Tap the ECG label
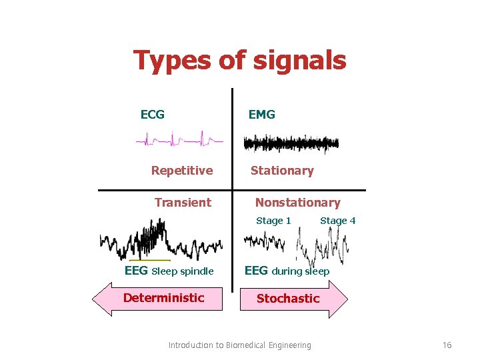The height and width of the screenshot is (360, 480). click(x=152, y=115)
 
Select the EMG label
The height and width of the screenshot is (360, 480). click(x=261, y=115)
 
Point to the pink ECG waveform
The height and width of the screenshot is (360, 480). click(x=179, y=141)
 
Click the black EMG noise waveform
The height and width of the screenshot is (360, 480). click(x=291, y=143)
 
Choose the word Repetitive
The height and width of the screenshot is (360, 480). click(x=182, y=171)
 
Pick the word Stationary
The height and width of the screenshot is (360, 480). click(x=281, y=171)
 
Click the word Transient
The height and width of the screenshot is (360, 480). click(x=183, y=203)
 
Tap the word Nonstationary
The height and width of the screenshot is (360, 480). click(x=297, y=203)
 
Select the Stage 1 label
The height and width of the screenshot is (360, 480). click(x=273, y=221)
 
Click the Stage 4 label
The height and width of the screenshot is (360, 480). click(x=337, y=221)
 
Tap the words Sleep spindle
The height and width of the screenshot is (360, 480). click(x=183, y=271)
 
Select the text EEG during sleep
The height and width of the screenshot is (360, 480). click(x=287, y=271)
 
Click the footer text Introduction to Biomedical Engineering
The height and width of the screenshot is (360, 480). click(x=239, y=345)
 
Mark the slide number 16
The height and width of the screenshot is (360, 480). click(x=447, y=345)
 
